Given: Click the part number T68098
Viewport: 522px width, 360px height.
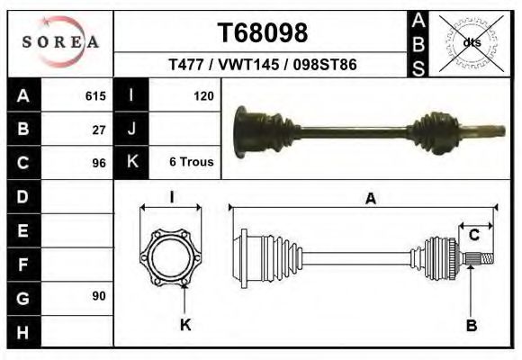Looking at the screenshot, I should (x=262, y=32).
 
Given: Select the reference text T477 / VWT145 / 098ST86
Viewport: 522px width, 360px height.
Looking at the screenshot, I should (x=262, y=65).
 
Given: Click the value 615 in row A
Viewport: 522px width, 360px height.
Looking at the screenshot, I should (x=95, y=96).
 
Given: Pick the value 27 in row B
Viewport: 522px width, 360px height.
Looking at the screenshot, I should (x=99, y=130).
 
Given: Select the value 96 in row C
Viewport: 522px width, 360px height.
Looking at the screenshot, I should (x=99, y=163).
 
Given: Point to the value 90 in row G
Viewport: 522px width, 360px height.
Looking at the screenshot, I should (x=99, y=296).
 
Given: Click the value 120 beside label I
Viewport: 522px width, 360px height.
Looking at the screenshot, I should (x=202, y=96).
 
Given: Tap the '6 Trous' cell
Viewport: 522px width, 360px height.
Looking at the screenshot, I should (x=191, y=163).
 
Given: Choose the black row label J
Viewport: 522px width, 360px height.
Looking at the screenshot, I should (x=131, y=130).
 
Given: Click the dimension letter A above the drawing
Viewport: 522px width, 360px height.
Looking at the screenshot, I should (x=370, y=200).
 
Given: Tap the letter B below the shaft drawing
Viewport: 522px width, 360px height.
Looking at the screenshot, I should (x=471, y=325).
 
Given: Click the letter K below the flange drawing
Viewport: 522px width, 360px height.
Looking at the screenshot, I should (x=185, y=325).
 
